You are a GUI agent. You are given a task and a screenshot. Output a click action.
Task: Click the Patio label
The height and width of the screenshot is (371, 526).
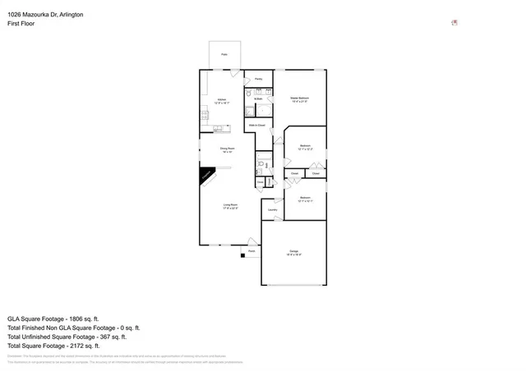pyautogui.click(x=224, y=56)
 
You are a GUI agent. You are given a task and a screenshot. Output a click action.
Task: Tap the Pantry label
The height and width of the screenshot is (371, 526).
pyautogui.click(x=259, y=79)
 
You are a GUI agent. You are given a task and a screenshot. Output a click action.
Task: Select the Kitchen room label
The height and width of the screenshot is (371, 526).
pyautogui.click(x=222, y=101)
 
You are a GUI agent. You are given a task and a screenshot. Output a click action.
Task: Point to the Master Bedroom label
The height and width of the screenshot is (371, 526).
pyautogui.click(x=299, y=99)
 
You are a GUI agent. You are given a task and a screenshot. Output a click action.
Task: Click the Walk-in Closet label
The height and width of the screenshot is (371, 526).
pyautogui.click(x=256, y=125)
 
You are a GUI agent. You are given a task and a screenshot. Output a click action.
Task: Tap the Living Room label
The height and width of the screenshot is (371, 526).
pyautogui.click(x=230, y=206)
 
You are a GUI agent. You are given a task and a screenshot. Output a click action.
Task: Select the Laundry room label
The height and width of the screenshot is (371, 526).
pyautogui.click(x=272, y=210)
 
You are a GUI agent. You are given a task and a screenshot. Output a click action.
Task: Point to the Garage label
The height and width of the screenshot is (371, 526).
pyautogui.click(x=294, y=252)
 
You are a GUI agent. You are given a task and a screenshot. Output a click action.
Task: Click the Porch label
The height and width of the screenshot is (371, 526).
pyautogui.click(x=251, y=251)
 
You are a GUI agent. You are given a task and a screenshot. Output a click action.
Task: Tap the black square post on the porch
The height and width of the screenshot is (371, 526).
pyautogui.click(x=242, y=255)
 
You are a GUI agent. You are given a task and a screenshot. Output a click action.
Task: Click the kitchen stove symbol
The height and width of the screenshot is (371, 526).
pyautogui.click(x=203, y=116)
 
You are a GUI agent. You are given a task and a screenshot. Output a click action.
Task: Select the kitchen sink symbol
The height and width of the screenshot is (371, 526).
pyautogui.click(x=219, y=128)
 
